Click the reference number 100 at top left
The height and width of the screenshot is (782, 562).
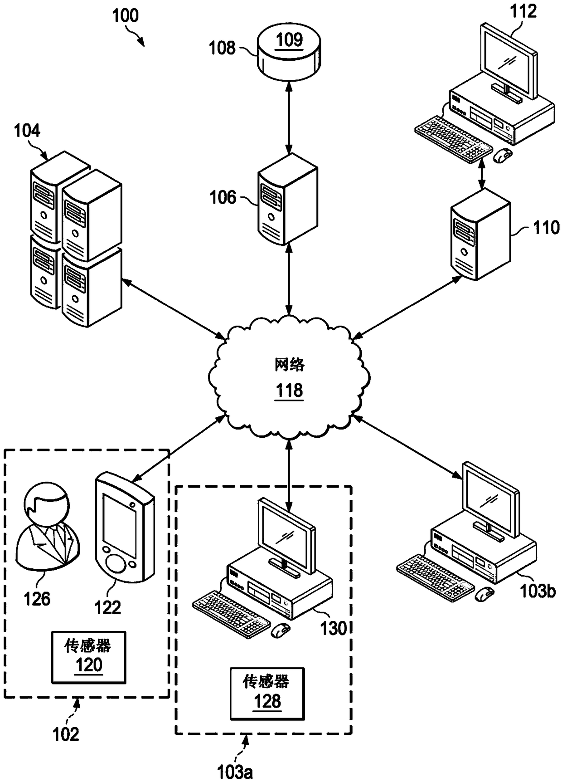coord(125,15)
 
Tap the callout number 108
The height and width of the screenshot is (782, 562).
coord(222,48)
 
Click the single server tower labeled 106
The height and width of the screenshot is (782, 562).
coord(288,199)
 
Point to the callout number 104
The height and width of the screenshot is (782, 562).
coord(27,131)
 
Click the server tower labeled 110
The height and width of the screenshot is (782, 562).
coord(481,235)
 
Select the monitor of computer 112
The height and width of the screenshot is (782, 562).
coord(509,61)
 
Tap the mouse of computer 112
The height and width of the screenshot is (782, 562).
coord(502,156)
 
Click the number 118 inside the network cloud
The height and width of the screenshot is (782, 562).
coord(290,390)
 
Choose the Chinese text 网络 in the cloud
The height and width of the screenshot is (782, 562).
coord(290,364)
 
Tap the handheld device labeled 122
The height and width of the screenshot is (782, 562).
coord(125,527)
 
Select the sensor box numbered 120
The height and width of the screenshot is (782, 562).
coord(88,657)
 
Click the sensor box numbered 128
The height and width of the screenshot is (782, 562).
coord(267,694)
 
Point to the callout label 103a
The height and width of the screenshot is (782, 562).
coord(235,772)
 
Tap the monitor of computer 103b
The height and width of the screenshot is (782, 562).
coord(490,501)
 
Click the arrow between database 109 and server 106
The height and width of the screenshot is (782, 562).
coord(288,117)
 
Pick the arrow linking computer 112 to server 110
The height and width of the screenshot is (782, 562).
coord(482,173)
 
